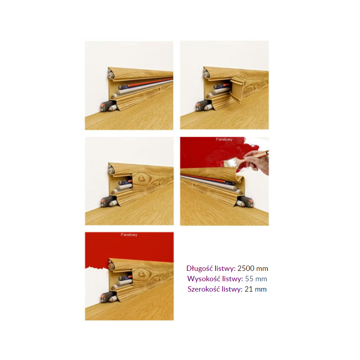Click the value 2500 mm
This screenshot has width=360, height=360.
252,268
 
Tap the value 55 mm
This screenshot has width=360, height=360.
256,279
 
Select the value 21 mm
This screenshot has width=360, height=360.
256,289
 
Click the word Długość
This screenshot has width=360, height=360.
199,269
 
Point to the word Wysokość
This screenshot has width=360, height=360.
202,279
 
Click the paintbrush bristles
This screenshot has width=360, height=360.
229,163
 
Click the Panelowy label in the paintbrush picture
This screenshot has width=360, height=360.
224,139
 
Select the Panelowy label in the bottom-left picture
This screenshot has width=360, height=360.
129,234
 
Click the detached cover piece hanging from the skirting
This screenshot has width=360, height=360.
237,90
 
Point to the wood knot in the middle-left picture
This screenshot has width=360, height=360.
140,178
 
